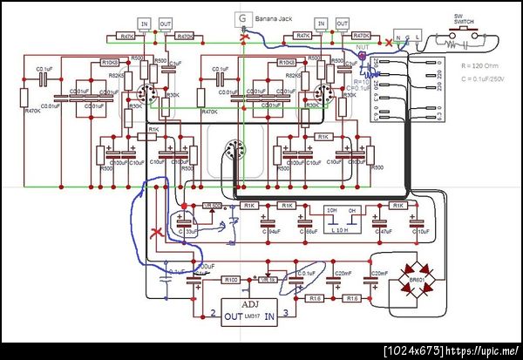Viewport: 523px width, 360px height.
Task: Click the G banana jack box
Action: pos(241,19)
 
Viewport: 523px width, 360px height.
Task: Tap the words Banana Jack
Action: pos(273,18)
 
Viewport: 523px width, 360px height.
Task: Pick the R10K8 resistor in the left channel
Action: pos(109,63)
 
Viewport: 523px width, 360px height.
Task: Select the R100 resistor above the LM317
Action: pos(231,280)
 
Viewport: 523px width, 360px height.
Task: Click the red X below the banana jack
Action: pos(244,39)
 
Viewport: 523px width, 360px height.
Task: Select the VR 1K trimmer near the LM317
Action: pos(268,280)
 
